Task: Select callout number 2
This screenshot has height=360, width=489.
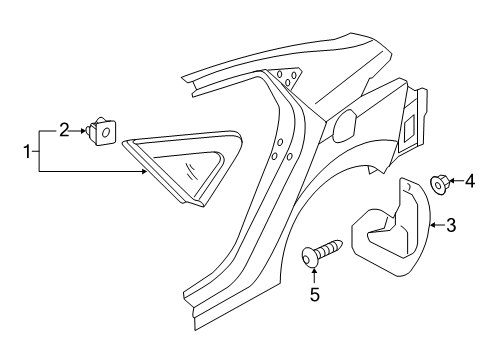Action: pos(63,129)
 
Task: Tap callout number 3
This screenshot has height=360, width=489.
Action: pos(451,226)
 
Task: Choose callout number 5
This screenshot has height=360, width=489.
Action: pos(315,294)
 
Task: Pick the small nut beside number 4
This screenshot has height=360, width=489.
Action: pos(438,182)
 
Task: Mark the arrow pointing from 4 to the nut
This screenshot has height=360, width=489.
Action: pos(455,181)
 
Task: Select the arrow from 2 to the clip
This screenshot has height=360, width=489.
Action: pos(79,129)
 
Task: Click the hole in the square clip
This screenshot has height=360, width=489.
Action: pos(105,131)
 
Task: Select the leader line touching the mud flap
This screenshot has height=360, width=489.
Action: pos(437,226)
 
